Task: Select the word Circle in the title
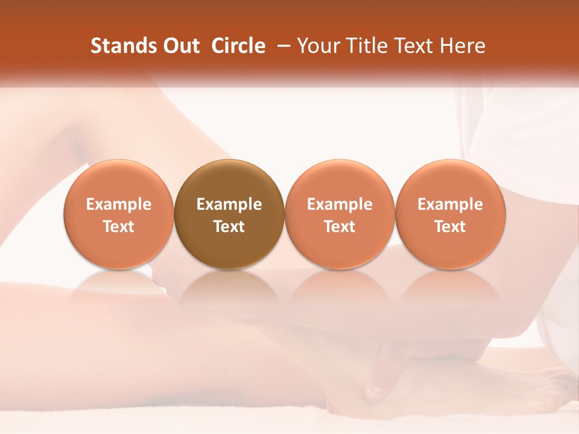[x=238, y=46]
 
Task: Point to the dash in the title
[x=285, y=46]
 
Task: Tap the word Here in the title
[x=462, y=46]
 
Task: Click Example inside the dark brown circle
[x=229, y=204]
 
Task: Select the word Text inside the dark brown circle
[x=229, y=227]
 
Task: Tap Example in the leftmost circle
[x=119, y=204]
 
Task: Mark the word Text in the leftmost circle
[x=119, y=227]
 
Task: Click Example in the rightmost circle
[x=450, y=204]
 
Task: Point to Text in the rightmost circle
[x=450, y=227]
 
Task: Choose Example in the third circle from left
[x=340, y=204]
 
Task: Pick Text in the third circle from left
[x=340, y=227]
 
